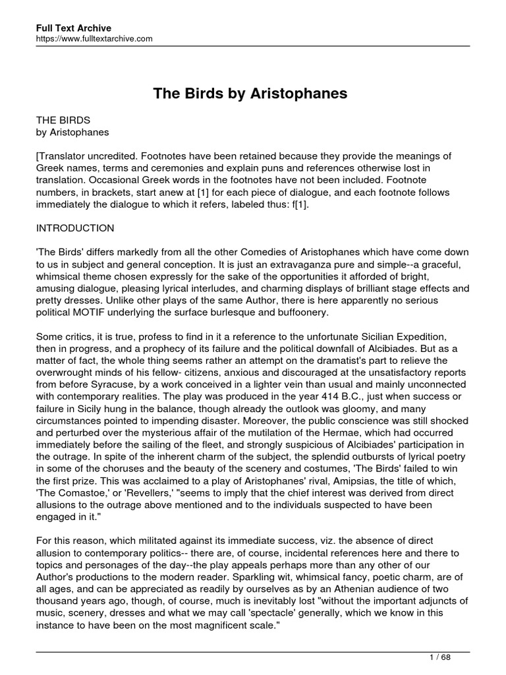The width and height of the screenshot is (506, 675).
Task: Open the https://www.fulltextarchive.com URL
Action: [x=94, y=39]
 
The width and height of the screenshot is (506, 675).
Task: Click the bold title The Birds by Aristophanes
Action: [x=250, y=94]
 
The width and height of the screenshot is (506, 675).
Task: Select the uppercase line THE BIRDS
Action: [x=63, y=121]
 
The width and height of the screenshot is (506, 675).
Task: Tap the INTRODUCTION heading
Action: [x=75, y=229]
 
